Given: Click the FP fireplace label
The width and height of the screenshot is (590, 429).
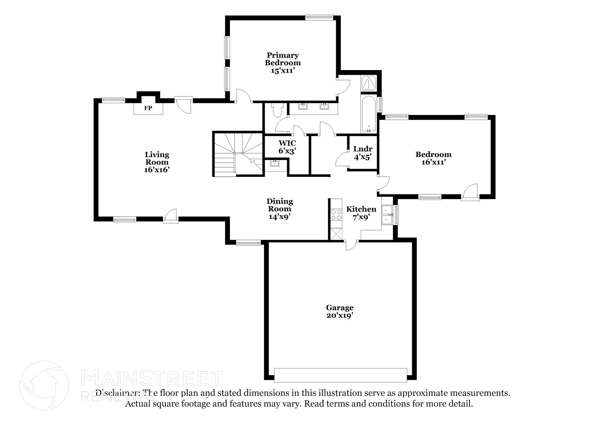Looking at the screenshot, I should point(148,108).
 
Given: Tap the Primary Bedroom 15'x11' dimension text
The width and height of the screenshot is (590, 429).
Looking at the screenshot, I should point(282,71).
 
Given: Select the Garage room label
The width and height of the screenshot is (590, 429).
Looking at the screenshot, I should point(340,308).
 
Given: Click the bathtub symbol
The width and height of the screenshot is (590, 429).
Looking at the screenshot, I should point(369,114).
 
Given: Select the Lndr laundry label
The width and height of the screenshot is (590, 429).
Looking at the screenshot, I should point(363,149).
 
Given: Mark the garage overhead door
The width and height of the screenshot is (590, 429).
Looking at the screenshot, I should point(340,375).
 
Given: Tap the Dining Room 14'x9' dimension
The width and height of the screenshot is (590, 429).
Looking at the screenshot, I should point(279,217).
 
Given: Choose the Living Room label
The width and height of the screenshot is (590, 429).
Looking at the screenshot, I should point(157,158).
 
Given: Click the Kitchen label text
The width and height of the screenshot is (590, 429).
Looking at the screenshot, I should point(361,209).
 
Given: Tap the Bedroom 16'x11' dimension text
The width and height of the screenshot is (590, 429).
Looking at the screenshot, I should point(434,162).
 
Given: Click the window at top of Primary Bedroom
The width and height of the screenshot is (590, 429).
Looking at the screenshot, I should point(319,17).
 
